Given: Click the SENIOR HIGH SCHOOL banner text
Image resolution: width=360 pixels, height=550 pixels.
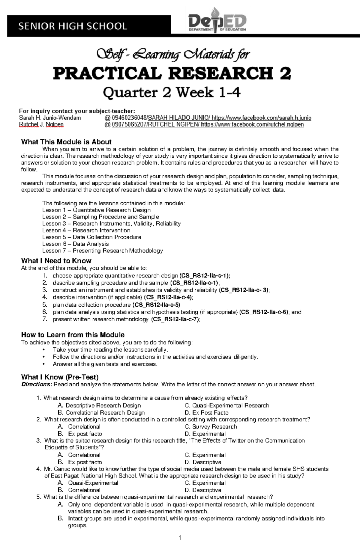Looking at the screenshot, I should click(x=73, y=26).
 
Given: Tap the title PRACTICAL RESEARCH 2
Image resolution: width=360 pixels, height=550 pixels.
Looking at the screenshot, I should click(x=172, y=73).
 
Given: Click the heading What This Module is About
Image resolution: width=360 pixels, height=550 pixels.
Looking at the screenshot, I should click(x=66, y=142).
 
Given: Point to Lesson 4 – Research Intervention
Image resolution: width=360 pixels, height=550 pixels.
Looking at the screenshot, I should click(x=86, y=230).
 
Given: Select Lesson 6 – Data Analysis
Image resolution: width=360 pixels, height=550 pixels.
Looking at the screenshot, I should click(x=75, y=244).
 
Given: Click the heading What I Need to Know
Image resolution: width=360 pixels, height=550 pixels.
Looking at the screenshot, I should click(x=56, y=260).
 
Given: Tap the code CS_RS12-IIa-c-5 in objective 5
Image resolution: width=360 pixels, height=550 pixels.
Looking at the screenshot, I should click(x=156, y=305).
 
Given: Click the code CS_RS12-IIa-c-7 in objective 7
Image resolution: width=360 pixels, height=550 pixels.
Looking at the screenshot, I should click(x=175, y=319).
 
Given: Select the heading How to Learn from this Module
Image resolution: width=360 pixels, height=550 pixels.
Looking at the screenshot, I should click(x=73, y=335).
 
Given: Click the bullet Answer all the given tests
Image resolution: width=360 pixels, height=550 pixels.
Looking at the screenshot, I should click(x=105, y=364).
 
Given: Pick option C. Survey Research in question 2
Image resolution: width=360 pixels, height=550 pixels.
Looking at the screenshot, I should click(x=211, y=427).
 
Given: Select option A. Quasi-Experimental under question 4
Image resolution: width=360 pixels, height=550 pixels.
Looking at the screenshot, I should click(x=88, y=483).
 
